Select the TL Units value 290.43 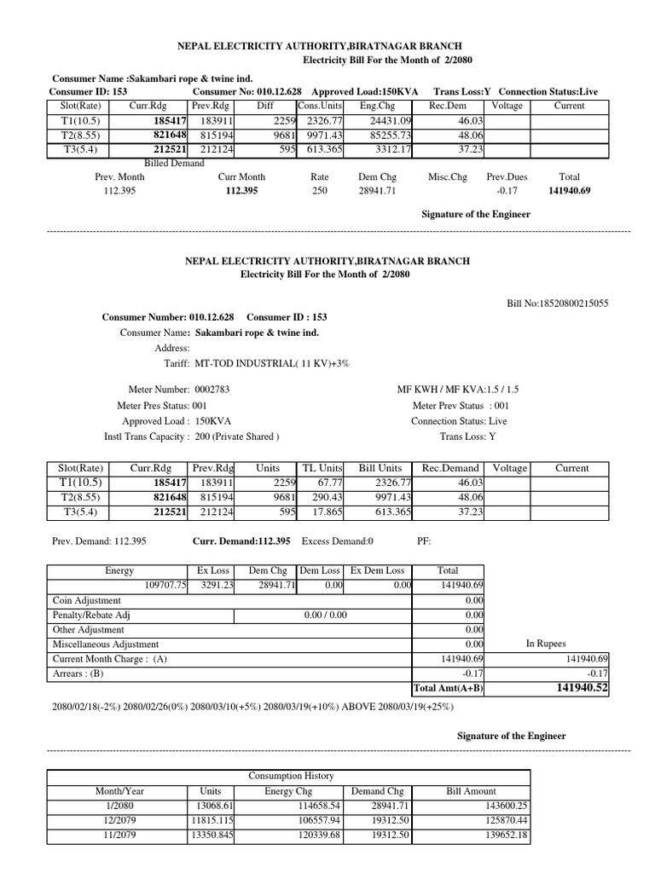pyautogui.click(x=324, y=497)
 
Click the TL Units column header pyautogui.click(x=322, y=468)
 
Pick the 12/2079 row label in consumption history pyautogui.click(x=119, y=820)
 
